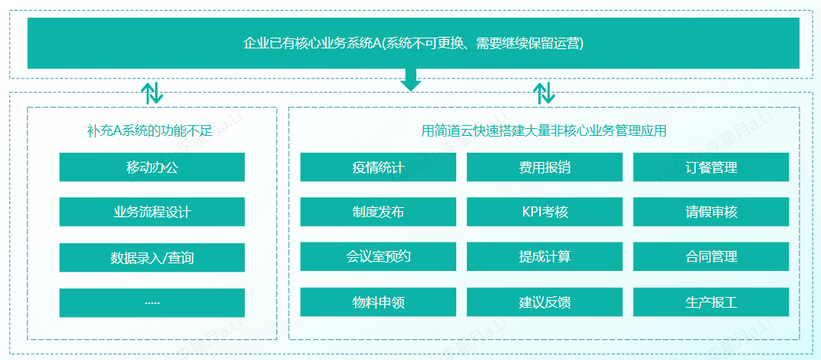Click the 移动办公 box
point(152,167)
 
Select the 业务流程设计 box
point(152,212)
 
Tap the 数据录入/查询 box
point(152,257)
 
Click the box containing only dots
point(152,302)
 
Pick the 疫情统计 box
point(378,167)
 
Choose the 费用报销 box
point(545,167)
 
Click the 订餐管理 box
point(710,167)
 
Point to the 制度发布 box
point(378,212)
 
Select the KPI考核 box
point(545,212)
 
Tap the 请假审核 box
point(710,212)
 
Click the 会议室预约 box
point(378,256)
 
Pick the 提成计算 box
point(545,256)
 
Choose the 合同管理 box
point(710,256)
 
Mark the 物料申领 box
point(378,302)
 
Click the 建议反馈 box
point(545,302)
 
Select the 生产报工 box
point(710,302)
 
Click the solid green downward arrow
point(412,80)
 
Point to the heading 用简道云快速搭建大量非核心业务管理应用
point(544,130)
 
